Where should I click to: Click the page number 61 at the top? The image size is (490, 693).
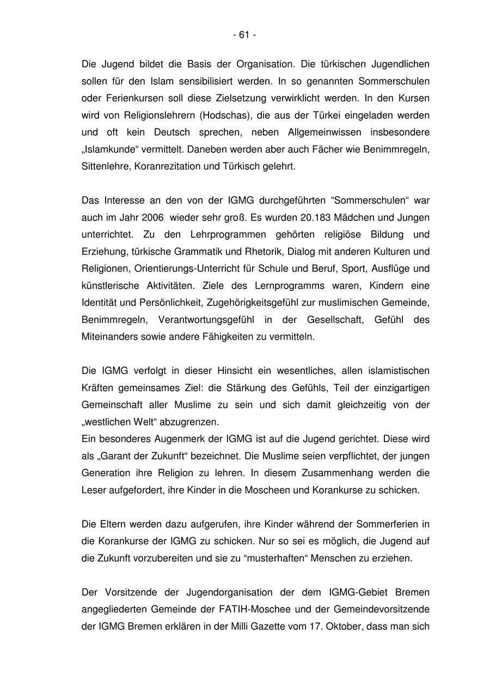coord(244,35)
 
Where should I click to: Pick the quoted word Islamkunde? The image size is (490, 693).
coord(111,149)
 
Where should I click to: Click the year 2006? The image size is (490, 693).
coord(152,217)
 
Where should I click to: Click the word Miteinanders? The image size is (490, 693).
coord(107,336)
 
